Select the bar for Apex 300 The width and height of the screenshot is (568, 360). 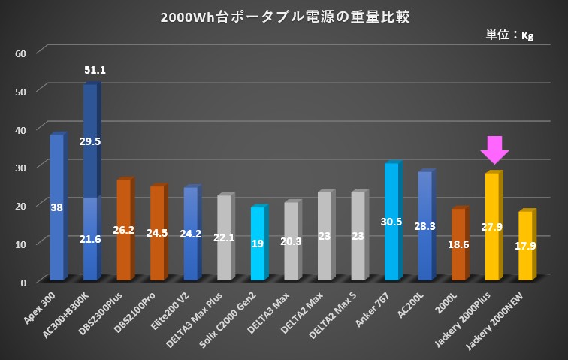point(56,207)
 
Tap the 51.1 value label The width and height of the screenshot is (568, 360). point(95,71)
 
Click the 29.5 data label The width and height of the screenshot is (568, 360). point(90,141)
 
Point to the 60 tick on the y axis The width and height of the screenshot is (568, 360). point(21,53)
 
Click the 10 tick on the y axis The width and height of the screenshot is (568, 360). point(21,244)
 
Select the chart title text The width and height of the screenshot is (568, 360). point(286,17)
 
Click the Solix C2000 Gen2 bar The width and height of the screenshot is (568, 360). point(258,243)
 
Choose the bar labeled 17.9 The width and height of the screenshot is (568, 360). point(526,246)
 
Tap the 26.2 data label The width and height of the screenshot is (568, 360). point(124,230)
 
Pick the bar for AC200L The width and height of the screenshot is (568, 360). point(425,225)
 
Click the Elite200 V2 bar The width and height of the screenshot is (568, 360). point(191,233)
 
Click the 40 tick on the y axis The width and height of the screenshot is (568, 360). point(21,129)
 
